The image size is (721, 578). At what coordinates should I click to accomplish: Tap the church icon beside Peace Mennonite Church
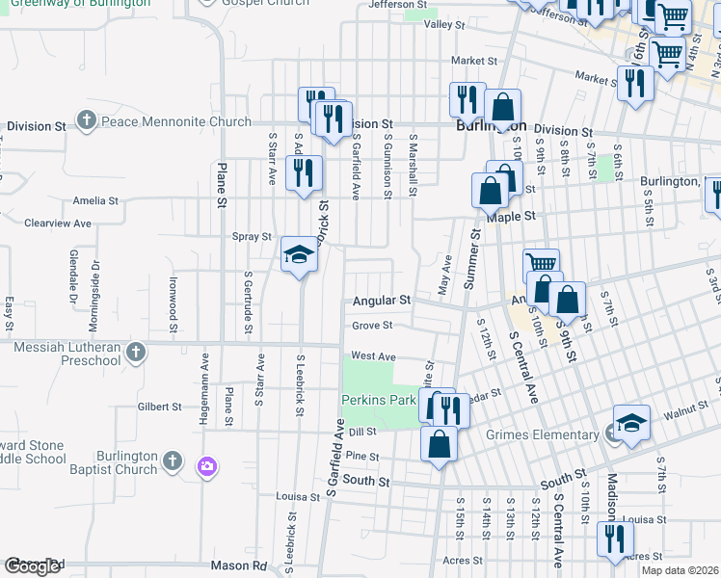(87, 121)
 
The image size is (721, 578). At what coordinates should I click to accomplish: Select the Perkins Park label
(378, 399)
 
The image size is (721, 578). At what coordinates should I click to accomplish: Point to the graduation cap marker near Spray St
(300, 255)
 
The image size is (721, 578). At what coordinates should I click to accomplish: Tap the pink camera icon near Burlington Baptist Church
(206, 467)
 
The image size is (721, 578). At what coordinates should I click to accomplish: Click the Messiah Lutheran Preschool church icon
(136, 352)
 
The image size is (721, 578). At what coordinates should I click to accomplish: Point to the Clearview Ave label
(58, 223)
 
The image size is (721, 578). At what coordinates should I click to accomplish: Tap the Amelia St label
(95, 202)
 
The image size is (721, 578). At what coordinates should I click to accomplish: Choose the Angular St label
(382, 301)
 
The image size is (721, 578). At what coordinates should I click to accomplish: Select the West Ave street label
(373, 356)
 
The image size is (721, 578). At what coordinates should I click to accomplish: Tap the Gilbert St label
(160, 407)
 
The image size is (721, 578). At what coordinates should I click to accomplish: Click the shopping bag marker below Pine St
(439, 446)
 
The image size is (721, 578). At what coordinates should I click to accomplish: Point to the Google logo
(32, 566)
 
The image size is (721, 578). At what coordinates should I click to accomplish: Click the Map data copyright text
(680, 570)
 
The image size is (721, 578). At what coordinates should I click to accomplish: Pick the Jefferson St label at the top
(397, 5)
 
